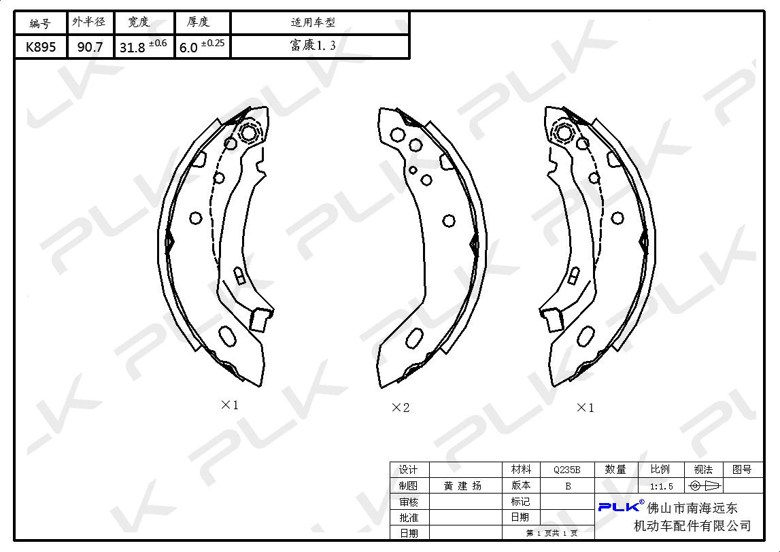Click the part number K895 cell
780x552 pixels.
41,47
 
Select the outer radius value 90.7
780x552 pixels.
90,47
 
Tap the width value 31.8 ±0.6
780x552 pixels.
143,46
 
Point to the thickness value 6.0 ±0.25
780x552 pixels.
202,46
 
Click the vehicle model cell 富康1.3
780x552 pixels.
313,46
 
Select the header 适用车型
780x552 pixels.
313,22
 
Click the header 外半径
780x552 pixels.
89,22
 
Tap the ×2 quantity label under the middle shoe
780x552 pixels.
401,408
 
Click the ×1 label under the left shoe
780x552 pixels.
230,404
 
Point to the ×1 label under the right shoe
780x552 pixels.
585,408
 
